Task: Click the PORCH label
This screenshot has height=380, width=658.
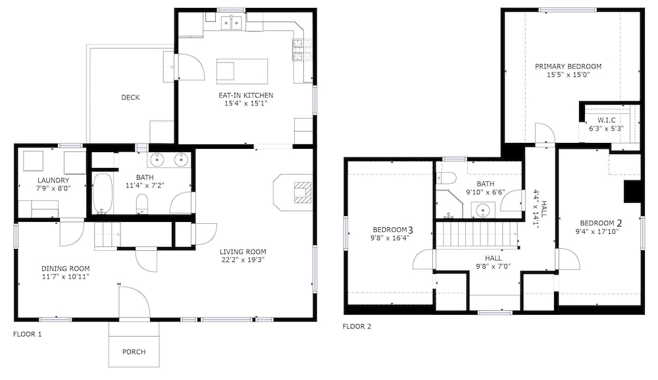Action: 134,352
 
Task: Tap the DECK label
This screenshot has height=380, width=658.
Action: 130,97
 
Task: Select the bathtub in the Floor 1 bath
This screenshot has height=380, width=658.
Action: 103,193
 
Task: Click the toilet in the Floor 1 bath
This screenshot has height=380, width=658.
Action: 143,204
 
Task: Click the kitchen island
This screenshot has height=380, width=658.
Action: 242,71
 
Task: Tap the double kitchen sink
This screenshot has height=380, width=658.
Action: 232,22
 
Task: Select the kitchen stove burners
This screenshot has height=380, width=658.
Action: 298,50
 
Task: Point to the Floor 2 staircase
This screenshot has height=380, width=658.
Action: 476,234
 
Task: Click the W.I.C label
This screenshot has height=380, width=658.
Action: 607,120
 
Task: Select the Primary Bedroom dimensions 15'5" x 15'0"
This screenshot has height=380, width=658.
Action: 569,74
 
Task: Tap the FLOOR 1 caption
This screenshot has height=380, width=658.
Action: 27,335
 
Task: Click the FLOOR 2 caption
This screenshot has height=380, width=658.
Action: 357,326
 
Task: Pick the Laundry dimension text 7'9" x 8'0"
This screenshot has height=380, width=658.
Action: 53,188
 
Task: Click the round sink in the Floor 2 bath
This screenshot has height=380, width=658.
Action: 483,209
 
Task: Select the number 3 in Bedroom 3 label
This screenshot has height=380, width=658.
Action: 411,230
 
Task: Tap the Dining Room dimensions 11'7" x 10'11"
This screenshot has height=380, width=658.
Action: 65,277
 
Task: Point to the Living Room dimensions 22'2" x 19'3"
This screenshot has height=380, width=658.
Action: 243,259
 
